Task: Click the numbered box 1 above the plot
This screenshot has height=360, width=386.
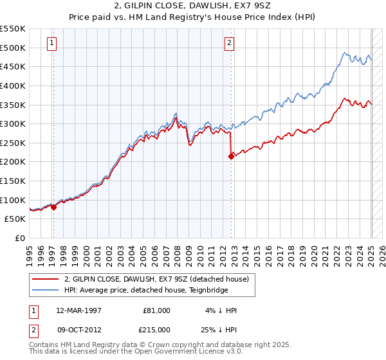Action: (x=51, y=44)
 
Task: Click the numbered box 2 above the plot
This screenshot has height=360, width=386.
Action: (x=230, y=44)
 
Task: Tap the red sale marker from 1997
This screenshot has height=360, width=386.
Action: (x=54, y=207)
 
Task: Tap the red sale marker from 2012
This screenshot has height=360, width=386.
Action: (x=231, y=156)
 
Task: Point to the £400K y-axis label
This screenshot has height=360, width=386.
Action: (x=13, y=85)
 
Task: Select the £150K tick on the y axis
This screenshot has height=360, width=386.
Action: (x=13, y=181)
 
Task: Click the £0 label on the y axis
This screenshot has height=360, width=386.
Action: (x=21, y=238)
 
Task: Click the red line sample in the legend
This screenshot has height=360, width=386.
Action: (x=46, y=278)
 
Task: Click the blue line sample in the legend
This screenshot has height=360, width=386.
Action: (x=46, y=290)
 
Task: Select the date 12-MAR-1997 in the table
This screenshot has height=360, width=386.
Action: (x=78, y=310)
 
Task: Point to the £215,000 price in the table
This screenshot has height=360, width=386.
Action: (x=156, y=329)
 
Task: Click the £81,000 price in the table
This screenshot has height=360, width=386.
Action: (x=156, y=310)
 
